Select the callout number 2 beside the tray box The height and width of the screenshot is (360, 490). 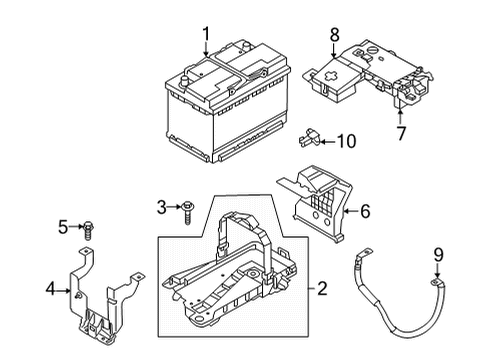point(322,289)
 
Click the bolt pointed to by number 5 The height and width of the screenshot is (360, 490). point(87,227)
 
